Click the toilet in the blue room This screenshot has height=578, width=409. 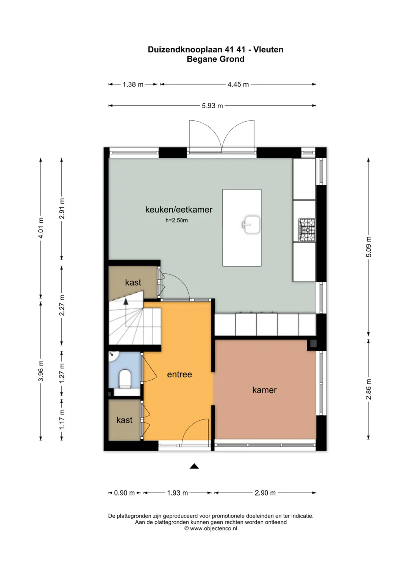[x=125, y=379]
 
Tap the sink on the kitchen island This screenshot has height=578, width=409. [x=251, y=224]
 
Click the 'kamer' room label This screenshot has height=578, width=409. [x=264, y=390]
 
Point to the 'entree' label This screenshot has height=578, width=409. [x=180, y=374]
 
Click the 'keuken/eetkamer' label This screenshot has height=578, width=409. [x=179, y=210]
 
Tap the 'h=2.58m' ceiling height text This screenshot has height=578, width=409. [x=176, y=220]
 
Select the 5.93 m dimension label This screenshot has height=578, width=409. [x=212, y=106]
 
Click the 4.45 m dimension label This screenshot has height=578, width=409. [x=238, y=84]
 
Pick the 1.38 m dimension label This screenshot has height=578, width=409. [x=133, y=84]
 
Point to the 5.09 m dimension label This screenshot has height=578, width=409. [x=369, y=247]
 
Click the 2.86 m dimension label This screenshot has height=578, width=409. [x=369, y=389]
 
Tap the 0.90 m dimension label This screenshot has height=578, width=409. [x=125, y=493]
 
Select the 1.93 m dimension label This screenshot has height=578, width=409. [x=177, y=493]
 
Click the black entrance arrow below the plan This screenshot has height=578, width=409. [x=194, y=466]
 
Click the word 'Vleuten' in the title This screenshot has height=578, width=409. [x=268, y=50]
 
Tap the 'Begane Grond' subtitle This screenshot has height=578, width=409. [x=215, y=59]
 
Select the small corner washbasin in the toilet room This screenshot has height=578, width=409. [x=113, y=355]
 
